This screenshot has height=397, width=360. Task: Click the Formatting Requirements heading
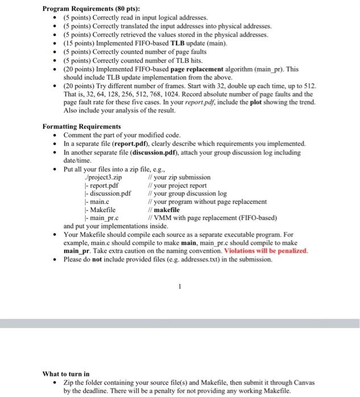click(82, 126)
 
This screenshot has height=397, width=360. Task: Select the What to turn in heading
click(66, 374)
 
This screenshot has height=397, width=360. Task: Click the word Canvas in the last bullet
click(301, 383)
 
